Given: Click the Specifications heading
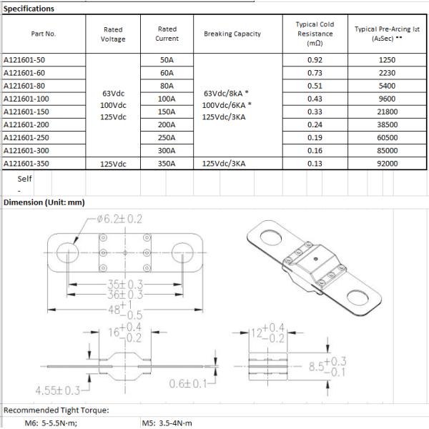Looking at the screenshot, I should tap(29, 9).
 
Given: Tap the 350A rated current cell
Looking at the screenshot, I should tap(167, 163).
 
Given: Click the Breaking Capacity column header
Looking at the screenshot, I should tap(232, 34).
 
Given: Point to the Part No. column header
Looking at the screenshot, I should tap(43, 34).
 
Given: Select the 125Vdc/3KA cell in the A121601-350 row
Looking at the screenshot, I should tap(227, 163).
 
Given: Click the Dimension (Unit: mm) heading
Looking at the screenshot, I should tap(44, 202).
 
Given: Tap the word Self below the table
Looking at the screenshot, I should tap(25, 179).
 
